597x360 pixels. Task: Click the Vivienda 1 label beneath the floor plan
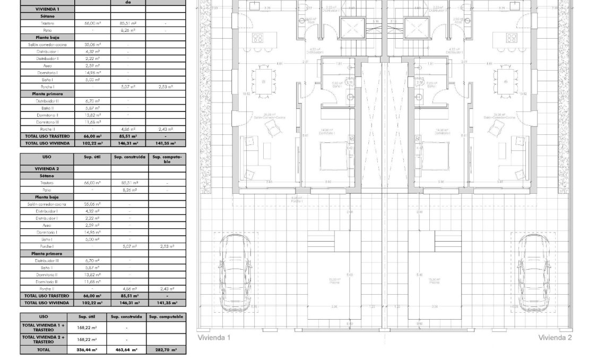coord(214,338)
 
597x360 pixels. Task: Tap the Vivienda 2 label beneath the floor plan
coord(555,338)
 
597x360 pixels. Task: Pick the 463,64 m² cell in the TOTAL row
coord(126,350)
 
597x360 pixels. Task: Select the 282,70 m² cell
coord(166,350)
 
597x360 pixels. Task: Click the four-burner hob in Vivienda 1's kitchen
coord(258,38)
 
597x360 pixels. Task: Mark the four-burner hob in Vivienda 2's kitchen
coord(511,38)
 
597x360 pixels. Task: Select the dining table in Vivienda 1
coord(264,81)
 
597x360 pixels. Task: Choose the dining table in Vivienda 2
coord(505,81)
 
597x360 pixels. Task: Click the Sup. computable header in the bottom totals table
coord(166,316)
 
